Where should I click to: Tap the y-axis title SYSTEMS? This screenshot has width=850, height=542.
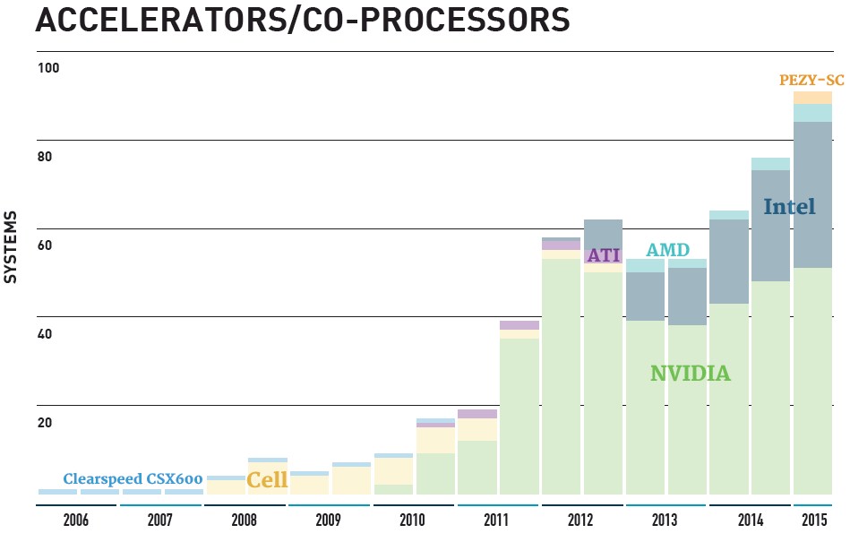click(x=12, y=247)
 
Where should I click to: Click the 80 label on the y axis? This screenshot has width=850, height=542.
click(x=45, y=158)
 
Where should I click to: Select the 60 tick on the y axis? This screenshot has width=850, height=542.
click(x=45, y=246)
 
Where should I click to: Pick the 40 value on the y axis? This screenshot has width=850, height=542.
click(x=45, y=335)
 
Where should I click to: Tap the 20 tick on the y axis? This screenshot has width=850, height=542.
click(x=45, y=424)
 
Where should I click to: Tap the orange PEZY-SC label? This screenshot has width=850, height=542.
click(x=811, y=80)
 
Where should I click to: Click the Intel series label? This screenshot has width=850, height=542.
click(x=789, y=208)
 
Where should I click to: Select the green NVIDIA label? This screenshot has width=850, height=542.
click(x=690, y=374)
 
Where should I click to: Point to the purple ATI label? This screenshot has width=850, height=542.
click(x=603, y=256)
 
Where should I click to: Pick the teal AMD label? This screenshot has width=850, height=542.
click(x=668, y=250)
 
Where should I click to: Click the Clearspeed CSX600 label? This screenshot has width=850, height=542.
click(x=133, y=478)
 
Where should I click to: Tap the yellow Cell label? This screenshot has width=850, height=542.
click(x=267, y=479)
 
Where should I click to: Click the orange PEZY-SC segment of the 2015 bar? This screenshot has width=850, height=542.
click(x=812, y=98)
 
